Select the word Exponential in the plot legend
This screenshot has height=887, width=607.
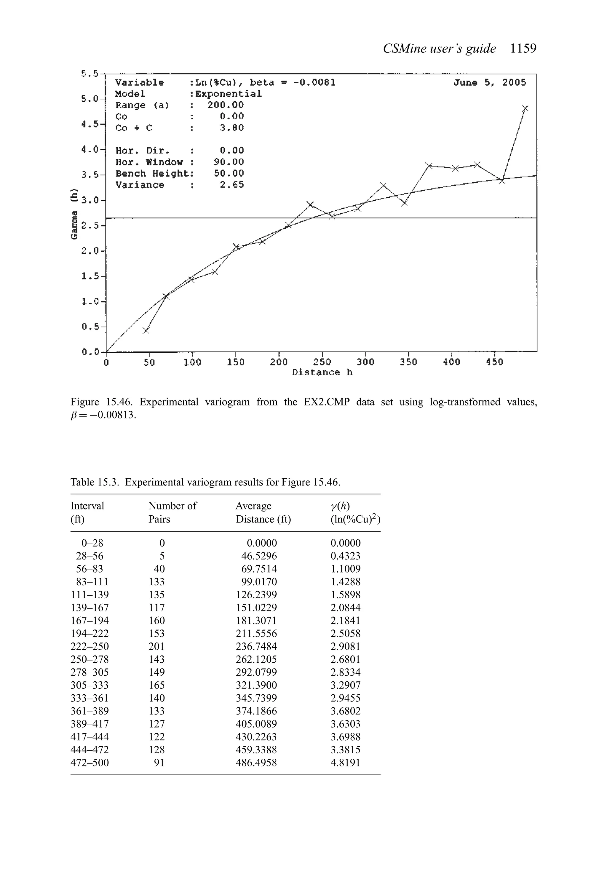point(228,94)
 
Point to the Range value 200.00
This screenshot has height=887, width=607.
point(225,105)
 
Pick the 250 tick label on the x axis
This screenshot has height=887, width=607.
point(322,362)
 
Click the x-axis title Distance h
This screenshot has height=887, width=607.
point(322,373)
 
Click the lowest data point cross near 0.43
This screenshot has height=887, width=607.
point(146,330)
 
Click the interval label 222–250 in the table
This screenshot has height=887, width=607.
point(90,647)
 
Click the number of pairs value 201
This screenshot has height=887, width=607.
point(156,647)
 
